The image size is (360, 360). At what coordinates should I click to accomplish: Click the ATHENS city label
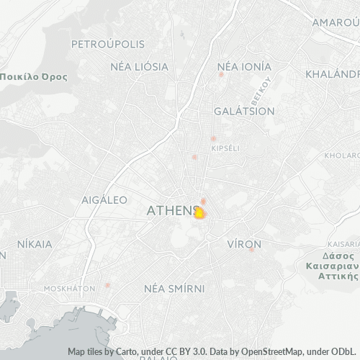click(x=171, y=211)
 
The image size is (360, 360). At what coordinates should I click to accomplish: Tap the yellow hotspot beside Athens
click(x=200, y=213)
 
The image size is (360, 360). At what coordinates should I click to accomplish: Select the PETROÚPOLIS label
click(x=108, y=44)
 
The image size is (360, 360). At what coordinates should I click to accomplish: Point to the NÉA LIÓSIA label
click(x=139, y=66)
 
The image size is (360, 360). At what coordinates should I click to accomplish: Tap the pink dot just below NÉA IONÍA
click(x=221, y=74)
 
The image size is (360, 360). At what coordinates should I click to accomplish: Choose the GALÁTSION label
click(x=244, y=112)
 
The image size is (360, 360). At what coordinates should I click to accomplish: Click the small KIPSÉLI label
click(x=225, y=148)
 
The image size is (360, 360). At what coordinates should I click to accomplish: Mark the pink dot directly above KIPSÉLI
click(x=212, y=138)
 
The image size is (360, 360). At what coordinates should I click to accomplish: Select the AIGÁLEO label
click(x=104, y=199)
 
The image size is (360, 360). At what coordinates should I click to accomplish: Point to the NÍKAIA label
click(x=34, y=244)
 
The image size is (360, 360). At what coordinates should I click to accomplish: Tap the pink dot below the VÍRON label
click(x=251, y=249)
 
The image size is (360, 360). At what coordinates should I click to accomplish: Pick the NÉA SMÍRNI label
click(x=174, y=288)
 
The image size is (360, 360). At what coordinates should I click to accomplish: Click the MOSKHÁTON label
click(x=70, y=288)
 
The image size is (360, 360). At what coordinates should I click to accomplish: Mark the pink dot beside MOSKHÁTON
click(x=107, y=285)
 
